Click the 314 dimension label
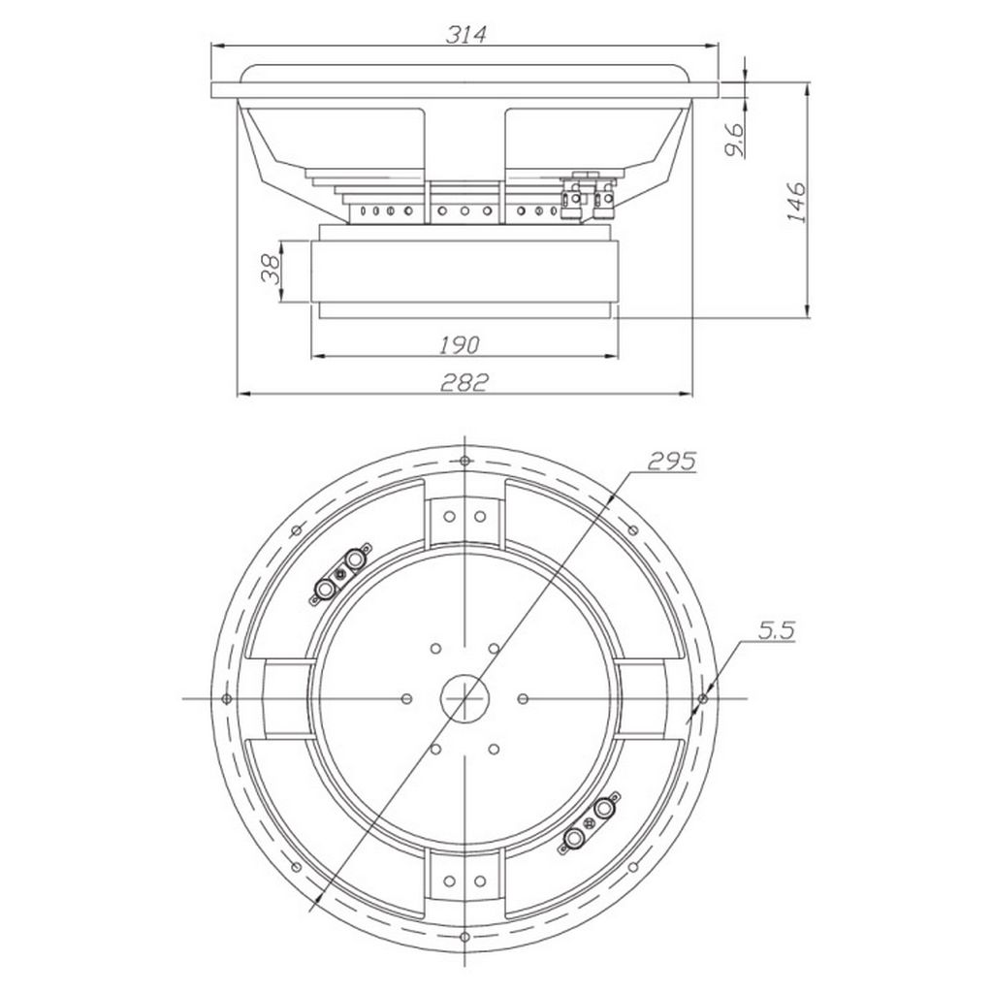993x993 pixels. point(466,34)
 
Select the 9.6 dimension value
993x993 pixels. point(735,140)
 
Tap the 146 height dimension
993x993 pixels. point(796,202)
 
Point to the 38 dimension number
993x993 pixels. point(272,270)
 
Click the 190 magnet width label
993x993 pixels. point(460,345)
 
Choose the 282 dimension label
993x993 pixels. point(465,382)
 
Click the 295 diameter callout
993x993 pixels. point(672,462)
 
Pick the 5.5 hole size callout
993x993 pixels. point(777,630)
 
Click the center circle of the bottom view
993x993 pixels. point(464,698)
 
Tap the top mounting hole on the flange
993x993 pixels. point(464,461)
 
